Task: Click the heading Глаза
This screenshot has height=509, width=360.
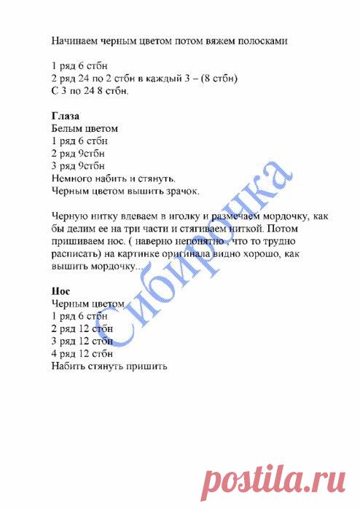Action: click(x=66, y=116)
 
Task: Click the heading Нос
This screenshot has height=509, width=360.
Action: click(x=61, y=291)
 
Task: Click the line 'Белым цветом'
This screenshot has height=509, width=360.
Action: click(x=85, y=128)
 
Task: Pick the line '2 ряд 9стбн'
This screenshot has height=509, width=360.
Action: click(x=79, y=154)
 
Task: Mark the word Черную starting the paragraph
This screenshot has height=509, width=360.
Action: click(x=71, y=216)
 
